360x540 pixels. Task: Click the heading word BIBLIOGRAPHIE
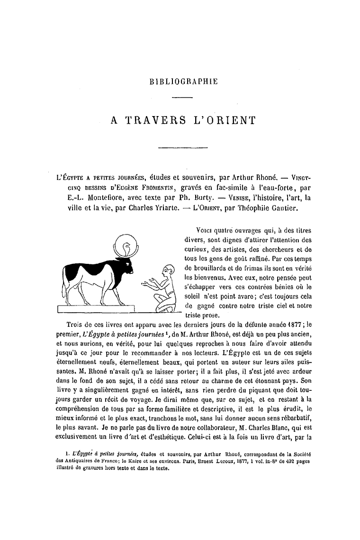[x=183, y=81]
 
